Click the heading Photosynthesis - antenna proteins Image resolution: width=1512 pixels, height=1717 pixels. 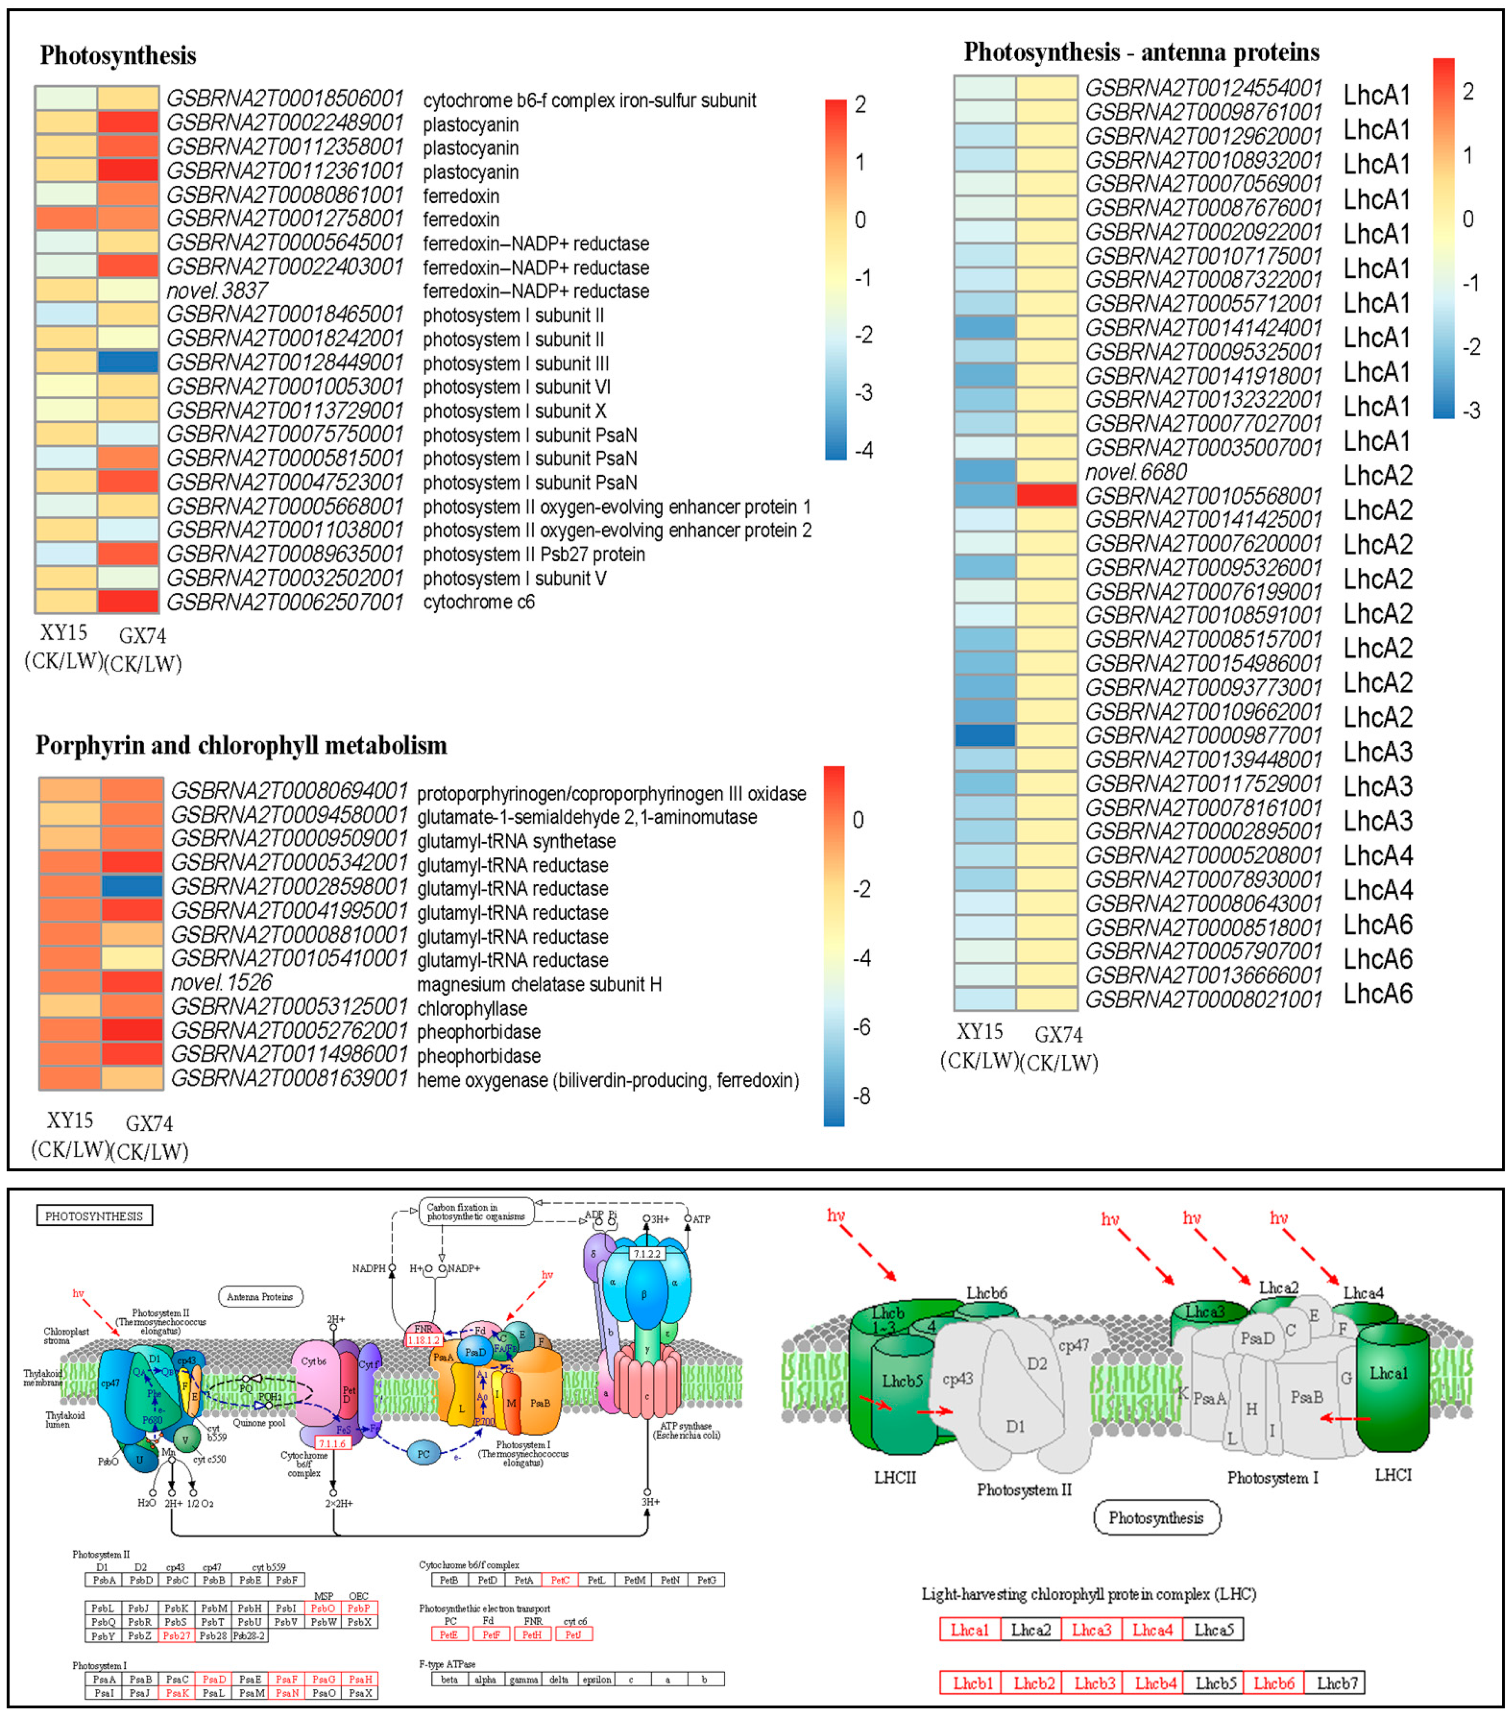pos(1141,52)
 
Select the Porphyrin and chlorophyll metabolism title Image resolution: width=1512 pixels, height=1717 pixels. pos(241,745)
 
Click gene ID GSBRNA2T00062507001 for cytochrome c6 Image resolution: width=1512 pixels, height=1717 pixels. pos(285,602)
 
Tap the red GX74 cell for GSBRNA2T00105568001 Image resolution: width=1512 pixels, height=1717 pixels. pos(1047,496)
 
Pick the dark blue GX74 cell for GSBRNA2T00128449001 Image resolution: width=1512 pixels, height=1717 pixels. pos(128,363)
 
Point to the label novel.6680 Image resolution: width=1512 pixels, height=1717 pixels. pos(1136,472)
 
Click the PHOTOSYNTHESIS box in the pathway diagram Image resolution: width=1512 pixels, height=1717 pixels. pos(94,1216)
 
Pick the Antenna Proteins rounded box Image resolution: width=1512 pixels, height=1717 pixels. pos(260,1297)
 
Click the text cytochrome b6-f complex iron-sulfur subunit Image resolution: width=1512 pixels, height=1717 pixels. pos(589,101)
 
